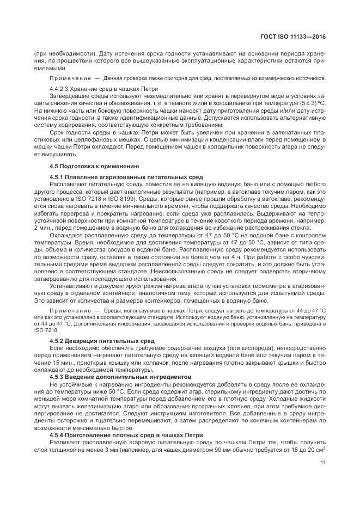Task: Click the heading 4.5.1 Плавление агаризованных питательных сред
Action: (126, 177)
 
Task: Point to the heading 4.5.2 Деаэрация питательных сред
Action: (102, 340)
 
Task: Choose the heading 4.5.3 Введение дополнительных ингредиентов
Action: (120, 376)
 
